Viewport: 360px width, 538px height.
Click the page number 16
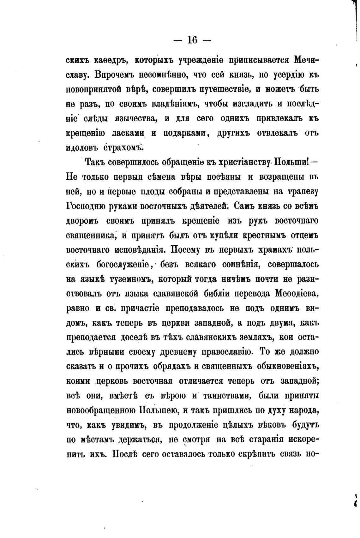pos(192,40)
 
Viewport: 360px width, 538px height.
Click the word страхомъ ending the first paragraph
pos(123,148)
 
